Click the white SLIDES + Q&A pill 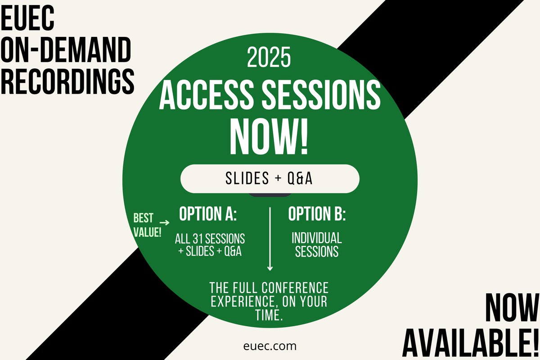pyautogui.click(x=270, y=179)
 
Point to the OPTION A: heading pyautogui.click(x=208, y=215)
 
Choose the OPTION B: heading pyautogui.click(x=317, y=215)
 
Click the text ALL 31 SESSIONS pyautogui.click(x=210, y=238)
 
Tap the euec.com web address pyautogui.click(x=269, y=346)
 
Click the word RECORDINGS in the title pyautogui.click(x=67, y=81)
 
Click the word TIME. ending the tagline pyautogui.click(x=269, y=315)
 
